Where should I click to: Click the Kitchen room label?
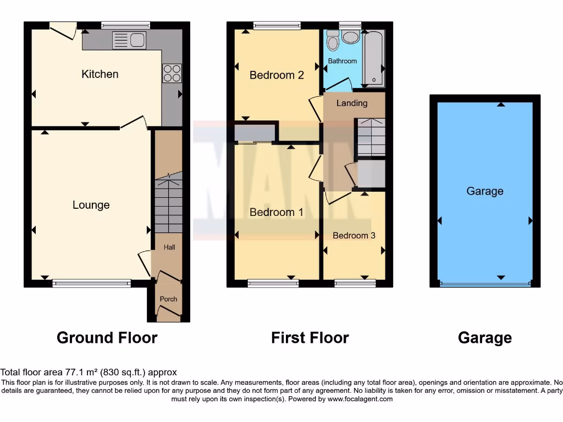click(x=100, y=74)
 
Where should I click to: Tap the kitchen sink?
click(x=129, y=40)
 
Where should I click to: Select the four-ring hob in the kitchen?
click(x=172, y=74)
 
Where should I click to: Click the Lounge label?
click(x=91, y=205)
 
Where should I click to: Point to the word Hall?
click(x=169, y=247)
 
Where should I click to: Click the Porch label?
click(x=168, y=299)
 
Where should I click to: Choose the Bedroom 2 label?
click(x=277, y=75)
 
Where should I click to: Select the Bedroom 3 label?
click(x=354, y=236)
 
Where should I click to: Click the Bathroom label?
click(x=343, y=61)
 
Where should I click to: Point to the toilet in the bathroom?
click(x=333, y=40)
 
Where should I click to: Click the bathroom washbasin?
click(x=350, y=36)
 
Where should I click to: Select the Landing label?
click(x=352, y=103)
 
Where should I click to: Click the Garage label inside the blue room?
click(x=485, y=191)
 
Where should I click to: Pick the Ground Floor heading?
click(x=107, y=337)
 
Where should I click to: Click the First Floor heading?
click(x=310, y=337)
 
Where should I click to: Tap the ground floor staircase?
click(x=168, y=203)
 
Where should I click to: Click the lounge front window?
click(x=92, y=284)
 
